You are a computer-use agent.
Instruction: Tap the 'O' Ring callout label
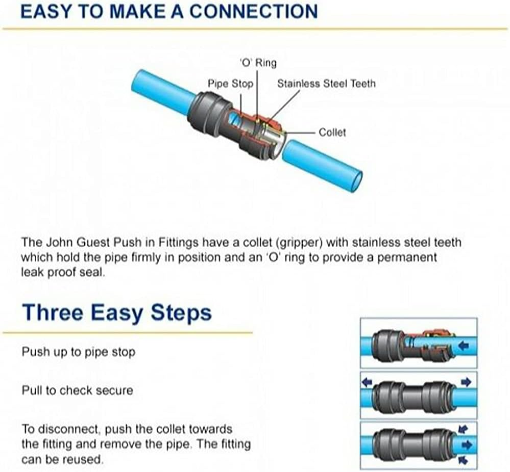coord(258,63)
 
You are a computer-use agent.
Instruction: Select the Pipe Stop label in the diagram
coord(230,83)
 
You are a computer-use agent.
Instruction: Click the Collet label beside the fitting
coord(332,132)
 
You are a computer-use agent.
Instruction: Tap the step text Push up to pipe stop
coord(78,352)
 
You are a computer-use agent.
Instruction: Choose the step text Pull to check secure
coord(77,390)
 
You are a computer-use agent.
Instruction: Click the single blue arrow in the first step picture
coord(464,347)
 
